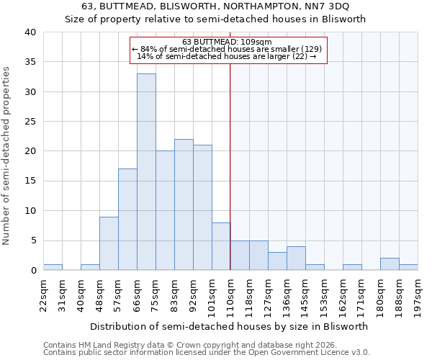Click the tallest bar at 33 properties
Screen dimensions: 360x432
point(146,171)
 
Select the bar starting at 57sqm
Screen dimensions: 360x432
point(127,220)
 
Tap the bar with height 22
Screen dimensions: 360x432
point(184,204)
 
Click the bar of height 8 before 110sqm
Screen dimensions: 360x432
point(221,246)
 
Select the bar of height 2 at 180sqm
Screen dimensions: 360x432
point(390,264)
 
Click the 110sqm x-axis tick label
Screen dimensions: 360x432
point(230,294)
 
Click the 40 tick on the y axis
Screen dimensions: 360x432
point(30,32)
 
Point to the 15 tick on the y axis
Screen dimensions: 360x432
point(30,181)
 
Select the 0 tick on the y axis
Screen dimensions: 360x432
point(32,270)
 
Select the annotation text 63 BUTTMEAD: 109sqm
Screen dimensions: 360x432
point(228,42)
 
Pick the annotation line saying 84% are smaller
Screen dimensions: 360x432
point(228,49)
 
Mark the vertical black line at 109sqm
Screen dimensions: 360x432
point(230,166)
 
